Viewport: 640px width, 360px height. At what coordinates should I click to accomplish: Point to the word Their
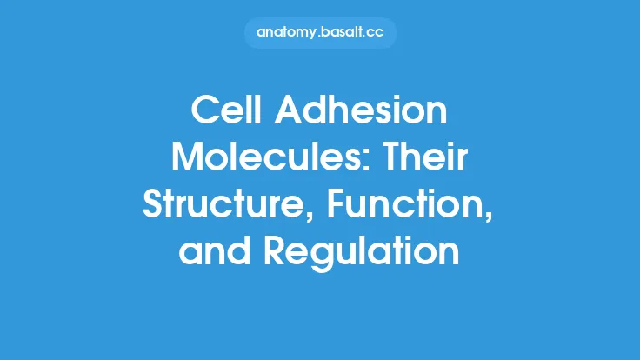(426, 159)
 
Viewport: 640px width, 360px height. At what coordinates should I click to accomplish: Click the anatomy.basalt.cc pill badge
(320, 33)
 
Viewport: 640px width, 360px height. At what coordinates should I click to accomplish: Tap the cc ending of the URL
(377, 33)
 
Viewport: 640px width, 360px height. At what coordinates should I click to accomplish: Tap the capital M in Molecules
(188, 159)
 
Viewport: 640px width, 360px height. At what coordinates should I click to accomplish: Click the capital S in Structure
(153, 206)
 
